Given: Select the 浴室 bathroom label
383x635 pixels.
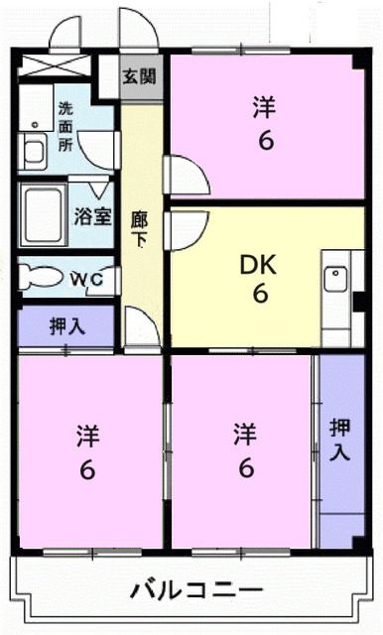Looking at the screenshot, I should (93, 215).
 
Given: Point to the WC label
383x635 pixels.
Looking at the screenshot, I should (86, 280).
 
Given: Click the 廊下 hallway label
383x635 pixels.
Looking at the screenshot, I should (141, 230).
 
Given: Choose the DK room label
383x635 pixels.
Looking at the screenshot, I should (258, 265).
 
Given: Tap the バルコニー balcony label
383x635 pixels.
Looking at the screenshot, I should (196, 591).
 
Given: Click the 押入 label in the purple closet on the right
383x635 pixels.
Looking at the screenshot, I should (340, 440).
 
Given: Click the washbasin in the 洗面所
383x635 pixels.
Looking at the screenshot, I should (36, 152).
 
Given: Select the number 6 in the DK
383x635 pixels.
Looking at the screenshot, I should (259, 294).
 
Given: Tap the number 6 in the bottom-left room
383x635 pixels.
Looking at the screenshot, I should (87, 469).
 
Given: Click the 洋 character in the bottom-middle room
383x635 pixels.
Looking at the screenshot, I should (244, 434).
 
